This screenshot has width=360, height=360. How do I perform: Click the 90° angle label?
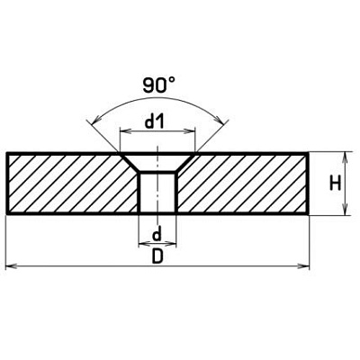click(x=158, y=85)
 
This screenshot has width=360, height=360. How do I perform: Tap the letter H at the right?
click(x=335, y=184)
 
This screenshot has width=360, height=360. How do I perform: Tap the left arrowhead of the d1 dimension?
click(x=124, y=131)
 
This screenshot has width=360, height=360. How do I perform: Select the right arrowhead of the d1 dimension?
click(x=191, y=131)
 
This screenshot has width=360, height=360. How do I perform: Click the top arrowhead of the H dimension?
click(x=346, y=157)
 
